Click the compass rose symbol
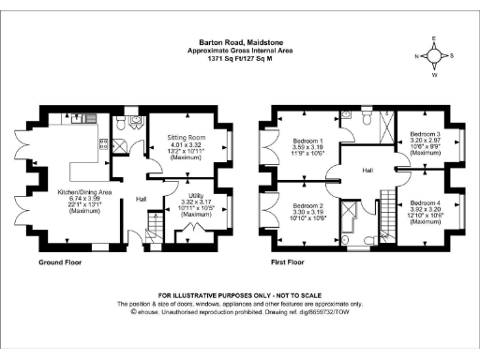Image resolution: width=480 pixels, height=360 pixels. (436, 56)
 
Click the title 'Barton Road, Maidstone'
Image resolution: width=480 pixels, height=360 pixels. (239, 39)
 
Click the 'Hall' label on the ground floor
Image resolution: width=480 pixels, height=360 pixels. (141, 199)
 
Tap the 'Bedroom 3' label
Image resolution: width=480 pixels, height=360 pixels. (420, 135)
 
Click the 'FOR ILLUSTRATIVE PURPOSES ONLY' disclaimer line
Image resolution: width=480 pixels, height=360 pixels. (239, 295)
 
